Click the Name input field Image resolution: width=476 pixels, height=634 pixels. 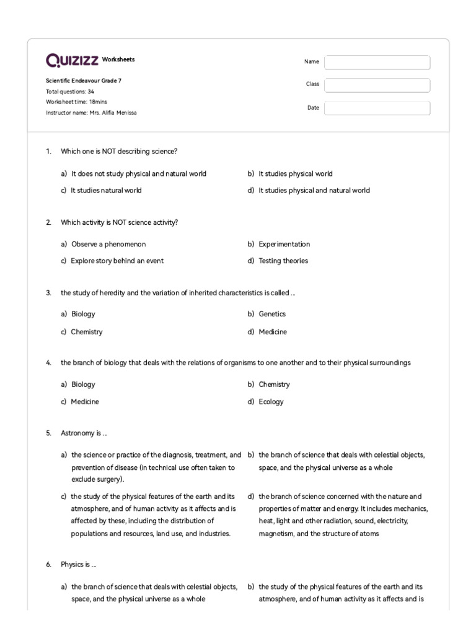377,62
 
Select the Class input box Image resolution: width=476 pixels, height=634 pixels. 377,85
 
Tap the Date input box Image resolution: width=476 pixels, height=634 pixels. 377,108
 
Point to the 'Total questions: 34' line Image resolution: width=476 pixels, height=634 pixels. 70,91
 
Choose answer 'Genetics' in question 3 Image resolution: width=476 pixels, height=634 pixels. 272,314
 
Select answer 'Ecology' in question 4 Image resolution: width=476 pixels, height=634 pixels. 271,401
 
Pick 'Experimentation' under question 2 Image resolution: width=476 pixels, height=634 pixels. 284,244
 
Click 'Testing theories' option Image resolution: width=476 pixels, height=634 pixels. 283,261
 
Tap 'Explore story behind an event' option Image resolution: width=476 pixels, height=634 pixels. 117,261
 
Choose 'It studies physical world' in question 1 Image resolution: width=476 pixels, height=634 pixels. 295,173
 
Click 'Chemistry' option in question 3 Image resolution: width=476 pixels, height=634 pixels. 87,332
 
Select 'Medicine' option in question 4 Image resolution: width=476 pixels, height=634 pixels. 85,401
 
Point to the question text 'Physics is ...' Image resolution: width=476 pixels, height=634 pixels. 78,565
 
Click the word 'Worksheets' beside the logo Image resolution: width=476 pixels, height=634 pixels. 118,60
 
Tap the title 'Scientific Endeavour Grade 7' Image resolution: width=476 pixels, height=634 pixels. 88,80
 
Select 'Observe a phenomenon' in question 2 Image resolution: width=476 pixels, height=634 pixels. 108,244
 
